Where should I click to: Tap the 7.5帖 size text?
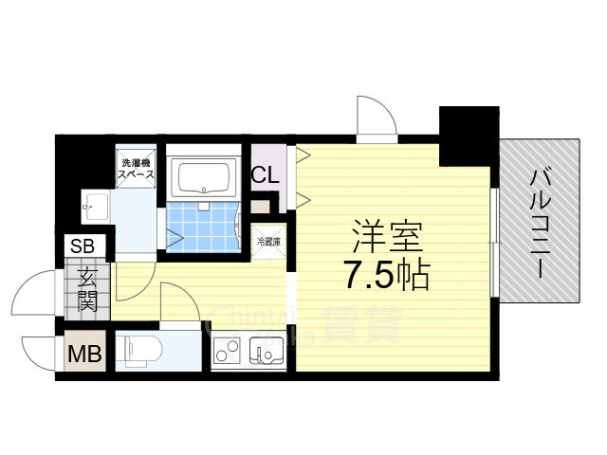pos(386,275)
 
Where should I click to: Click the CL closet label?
pos(265,175)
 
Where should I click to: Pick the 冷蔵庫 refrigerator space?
pos(266,241)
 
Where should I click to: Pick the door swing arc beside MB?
pos(38,354)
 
